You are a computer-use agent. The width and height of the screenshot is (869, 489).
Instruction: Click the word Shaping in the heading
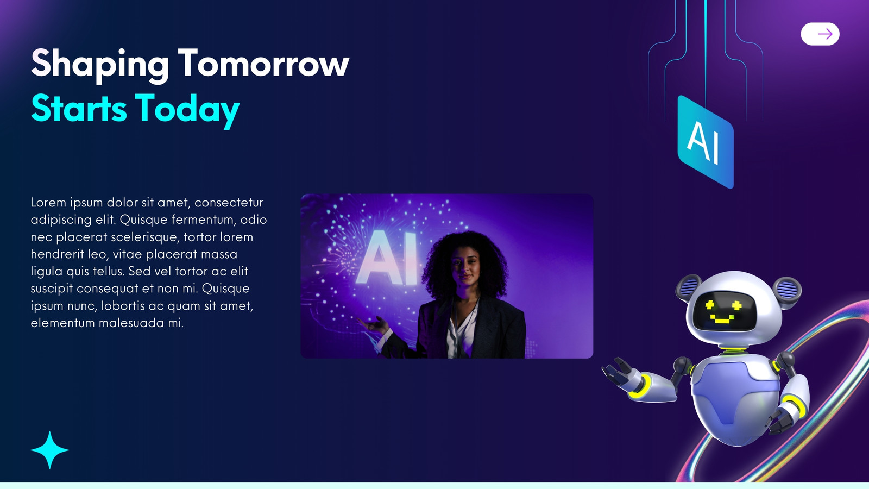[100, 65]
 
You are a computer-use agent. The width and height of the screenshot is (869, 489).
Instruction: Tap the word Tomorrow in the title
[264, 63]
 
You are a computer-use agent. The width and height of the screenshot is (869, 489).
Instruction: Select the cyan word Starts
[79, 108]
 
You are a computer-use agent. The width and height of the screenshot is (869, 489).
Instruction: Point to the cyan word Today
[187, 110]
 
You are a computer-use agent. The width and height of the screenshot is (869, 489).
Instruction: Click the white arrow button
[820, 34]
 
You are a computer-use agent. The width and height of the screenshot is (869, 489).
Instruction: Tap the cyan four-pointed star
[49, 450]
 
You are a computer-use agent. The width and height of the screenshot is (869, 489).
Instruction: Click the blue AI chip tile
[706, 142]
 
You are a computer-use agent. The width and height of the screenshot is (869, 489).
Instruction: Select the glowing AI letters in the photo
[387, 258]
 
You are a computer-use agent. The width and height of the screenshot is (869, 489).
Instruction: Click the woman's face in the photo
[465, 267]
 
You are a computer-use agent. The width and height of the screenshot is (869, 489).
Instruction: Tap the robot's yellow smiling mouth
[722, 319]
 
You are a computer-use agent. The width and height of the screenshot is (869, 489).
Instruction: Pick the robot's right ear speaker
[787, 290]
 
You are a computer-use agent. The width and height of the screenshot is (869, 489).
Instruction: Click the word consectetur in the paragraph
[229, 203]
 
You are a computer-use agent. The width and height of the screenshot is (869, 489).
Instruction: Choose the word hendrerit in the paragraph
[58, 254]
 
